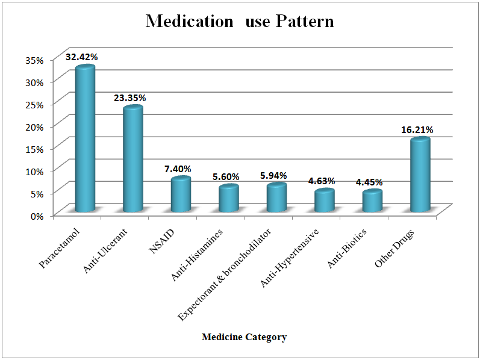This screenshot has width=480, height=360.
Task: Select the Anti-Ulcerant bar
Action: tap(132, 160)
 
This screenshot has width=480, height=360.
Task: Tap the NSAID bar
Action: tap(180, 194)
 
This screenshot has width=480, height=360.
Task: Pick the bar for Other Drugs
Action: tap(420, 175)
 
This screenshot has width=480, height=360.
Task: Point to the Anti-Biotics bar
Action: tap(372, 201)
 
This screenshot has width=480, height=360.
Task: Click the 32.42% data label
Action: tap(83, 57)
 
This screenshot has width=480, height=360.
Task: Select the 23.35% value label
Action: tap(130, 98)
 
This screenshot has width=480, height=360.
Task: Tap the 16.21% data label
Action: tap(417, 129)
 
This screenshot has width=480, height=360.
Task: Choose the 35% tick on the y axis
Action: tap(34, 60)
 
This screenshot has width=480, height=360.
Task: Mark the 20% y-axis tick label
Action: tap(34, 126)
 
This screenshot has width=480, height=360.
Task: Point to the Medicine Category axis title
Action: tap(244, 337)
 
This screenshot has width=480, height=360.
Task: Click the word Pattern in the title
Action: tap(305, 22)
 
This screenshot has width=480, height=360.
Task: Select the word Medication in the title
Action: tap(189, 22)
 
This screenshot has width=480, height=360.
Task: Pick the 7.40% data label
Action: tap(178, 169)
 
